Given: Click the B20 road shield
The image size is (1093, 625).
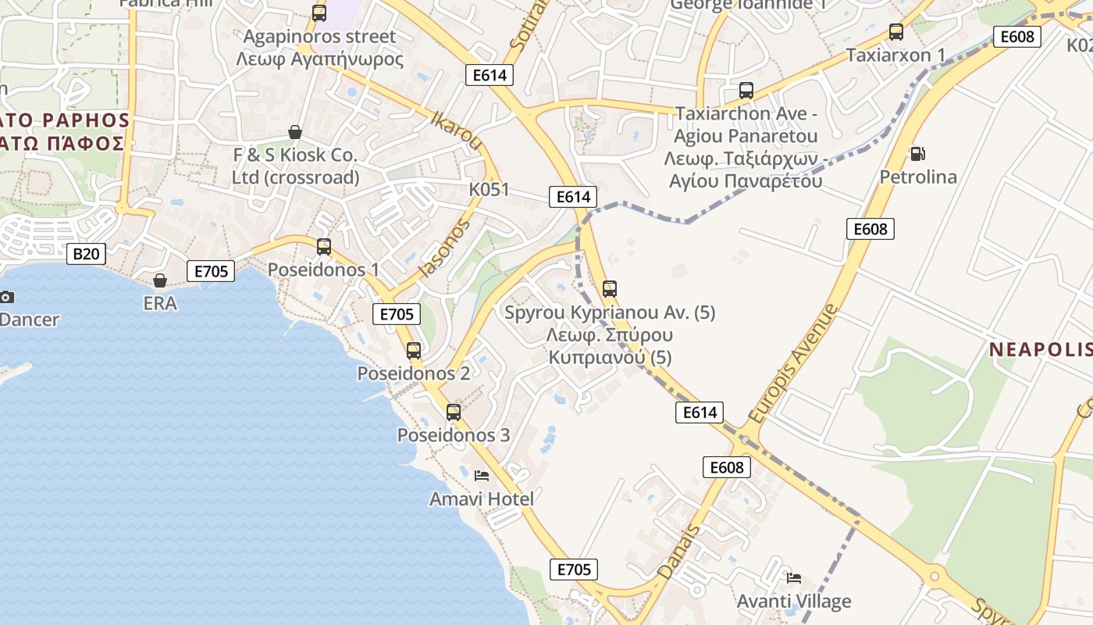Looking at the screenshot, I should coord(86,253).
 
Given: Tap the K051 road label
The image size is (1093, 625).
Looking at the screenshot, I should coord(489,189).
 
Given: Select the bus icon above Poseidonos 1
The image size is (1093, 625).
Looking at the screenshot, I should coord(324,247).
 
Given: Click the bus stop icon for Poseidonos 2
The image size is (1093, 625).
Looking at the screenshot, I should coord(414,351).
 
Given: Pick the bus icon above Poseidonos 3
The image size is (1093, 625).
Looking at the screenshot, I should coord(454,412).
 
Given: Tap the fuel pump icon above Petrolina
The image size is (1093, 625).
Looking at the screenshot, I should coord(917,154).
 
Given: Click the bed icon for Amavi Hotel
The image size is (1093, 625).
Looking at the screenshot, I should coord(482,475).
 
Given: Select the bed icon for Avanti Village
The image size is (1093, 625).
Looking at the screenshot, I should coord(794,578).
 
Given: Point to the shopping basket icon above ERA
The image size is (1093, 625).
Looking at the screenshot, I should coord(160,280).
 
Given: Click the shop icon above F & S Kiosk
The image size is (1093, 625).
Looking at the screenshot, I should coord(295,132).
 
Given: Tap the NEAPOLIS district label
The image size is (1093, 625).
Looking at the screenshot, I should coord(1040,349).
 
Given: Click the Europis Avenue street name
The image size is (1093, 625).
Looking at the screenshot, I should coord(793,363).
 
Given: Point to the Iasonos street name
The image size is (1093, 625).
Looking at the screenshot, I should coord(445,248).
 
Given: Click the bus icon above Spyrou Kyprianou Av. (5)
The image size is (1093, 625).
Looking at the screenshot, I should coord(610,289).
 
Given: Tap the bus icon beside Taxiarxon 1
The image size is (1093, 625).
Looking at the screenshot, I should coord(896,32).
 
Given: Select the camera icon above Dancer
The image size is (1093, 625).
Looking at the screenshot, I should coord(6,297).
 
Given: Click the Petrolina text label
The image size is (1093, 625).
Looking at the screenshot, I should coord(918,177).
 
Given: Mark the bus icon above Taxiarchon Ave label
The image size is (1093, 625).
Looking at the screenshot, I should coord(746,90).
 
